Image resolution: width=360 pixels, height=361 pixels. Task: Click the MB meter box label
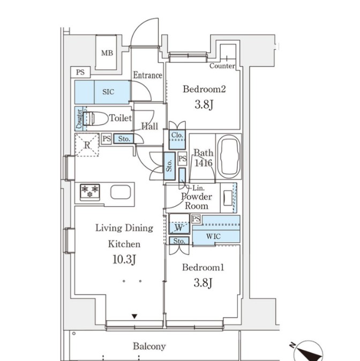[x=107, y=53]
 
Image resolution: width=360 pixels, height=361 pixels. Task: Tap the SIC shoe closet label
[x=108, y=92]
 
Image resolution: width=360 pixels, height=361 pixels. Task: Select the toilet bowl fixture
[x=95, y=118]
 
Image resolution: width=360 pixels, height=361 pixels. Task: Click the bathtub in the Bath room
[x=229, y=156]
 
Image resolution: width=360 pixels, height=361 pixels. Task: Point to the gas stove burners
[x=90, y=192]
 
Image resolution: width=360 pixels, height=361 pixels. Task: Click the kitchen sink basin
[x=121, y=192]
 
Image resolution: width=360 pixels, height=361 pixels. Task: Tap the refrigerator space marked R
[x=87, y=145]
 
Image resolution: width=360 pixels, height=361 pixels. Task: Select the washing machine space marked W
[x=179, y=228]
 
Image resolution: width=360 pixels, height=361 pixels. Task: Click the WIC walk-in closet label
[x=213, y=236]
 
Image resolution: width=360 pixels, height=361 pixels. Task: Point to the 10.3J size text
[x=124, y=260]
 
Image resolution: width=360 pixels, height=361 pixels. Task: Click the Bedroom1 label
[x=203, y=267]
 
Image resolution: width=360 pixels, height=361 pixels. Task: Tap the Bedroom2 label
[x=204, y=89]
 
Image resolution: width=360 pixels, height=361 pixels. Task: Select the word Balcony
[x=149, y=346]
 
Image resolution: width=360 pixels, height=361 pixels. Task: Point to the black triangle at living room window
[x=134, y=317]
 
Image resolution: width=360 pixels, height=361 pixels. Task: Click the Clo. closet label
[x=177, y=135]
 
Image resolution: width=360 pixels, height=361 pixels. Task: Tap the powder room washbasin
[x=228, y=198]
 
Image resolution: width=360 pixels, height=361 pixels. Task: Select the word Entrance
[x=148, y=75]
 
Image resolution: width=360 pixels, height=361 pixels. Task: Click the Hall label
[x=149, y=126]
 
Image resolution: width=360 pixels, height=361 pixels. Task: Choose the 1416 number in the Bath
[x=204, y=163]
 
